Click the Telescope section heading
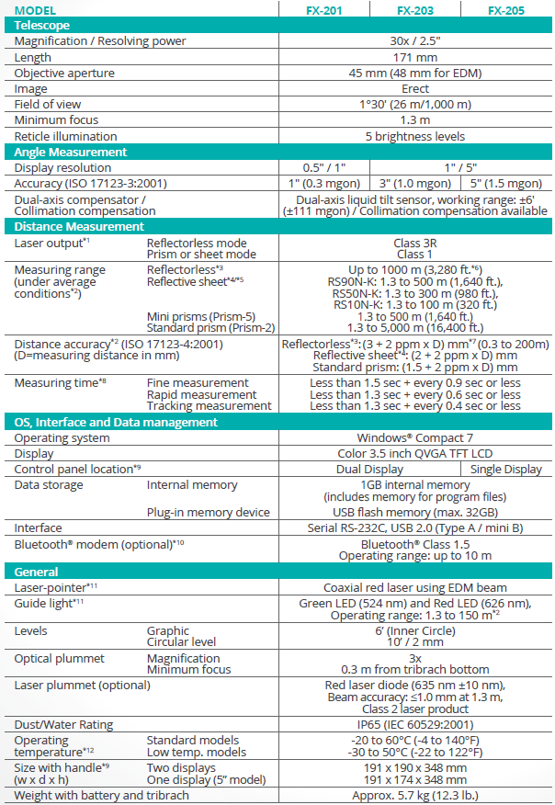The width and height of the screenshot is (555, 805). coord(42,26)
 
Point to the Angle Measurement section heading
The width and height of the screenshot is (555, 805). coord(71,152)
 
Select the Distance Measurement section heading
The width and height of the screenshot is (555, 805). coord(79,226)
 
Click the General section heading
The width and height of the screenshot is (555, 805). coord(37,572)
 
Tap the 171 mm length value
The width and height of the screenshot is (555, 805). coord(414,57)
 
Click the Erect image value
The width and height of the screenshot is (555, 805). coord(414,89)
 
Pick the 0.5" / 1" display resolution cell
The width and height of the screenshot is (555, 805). coord(324,168)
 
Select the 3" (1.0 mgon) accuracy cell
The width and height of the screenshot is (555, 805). coord(414,184)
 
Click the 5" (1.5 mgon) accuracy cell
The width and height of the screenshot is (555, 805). coord(506,184)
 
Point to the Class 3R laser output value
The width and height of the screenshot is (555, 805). coord(414,242)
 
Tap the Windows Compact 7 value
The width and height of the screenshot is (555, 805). coord(414,438)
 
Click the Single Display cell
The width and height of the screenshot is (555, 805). coord(506,470)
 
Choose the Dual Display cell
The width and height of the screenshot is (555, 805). coord(369,470)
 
